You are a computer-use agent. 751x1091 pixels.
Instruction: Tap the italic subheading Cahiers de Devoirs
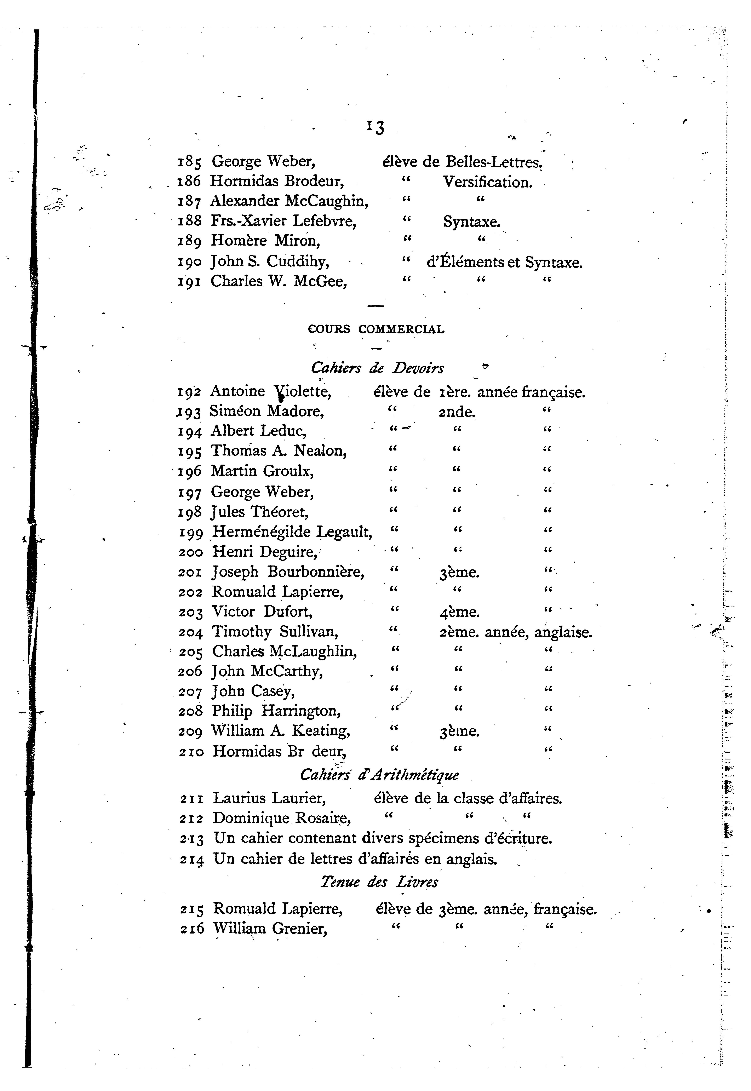point(377,368)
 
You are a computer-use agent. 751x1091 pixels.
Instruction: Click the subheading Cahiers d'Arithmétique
point(379,774)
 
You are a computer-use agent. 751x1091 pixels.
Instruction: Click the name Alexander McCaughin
point(289,201)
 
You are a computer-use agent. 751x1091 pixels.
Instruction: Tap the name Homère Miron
point(265,241)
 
